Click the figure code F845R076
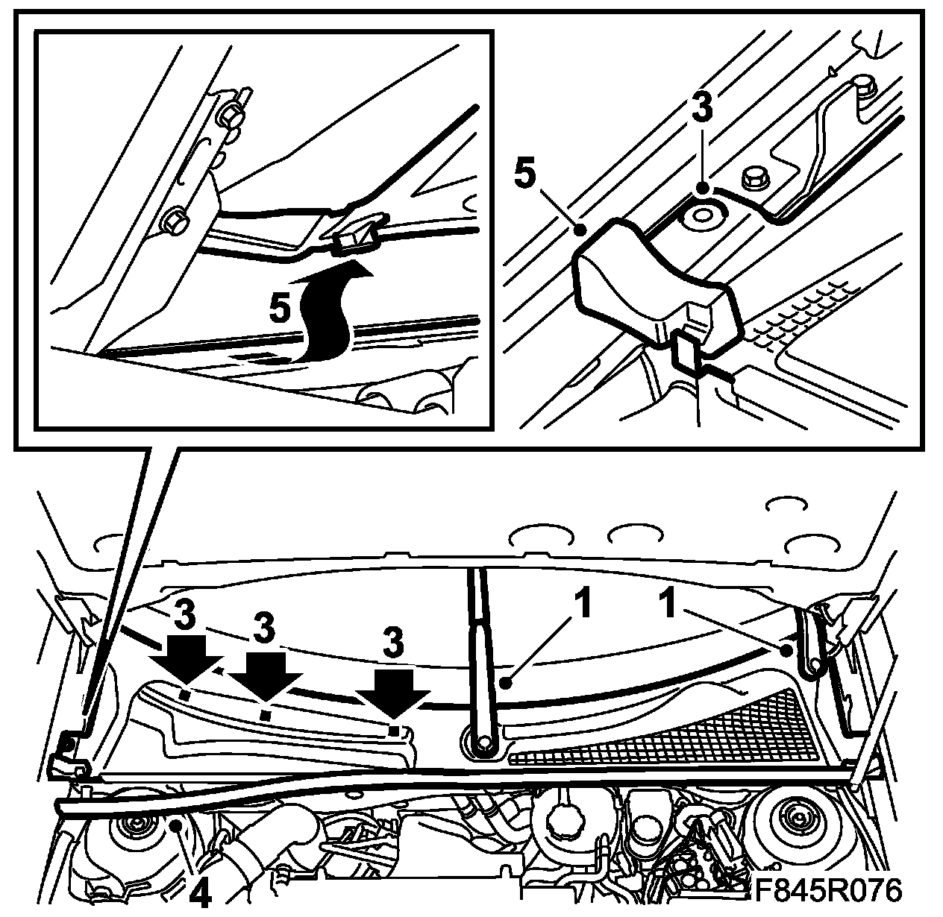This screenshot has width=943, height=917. (x=827, y=889)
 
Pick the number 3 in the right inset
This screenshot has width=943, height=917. (x=702, y=109)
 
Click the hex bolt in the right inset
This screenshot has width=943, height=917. (x=754, y=179)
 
